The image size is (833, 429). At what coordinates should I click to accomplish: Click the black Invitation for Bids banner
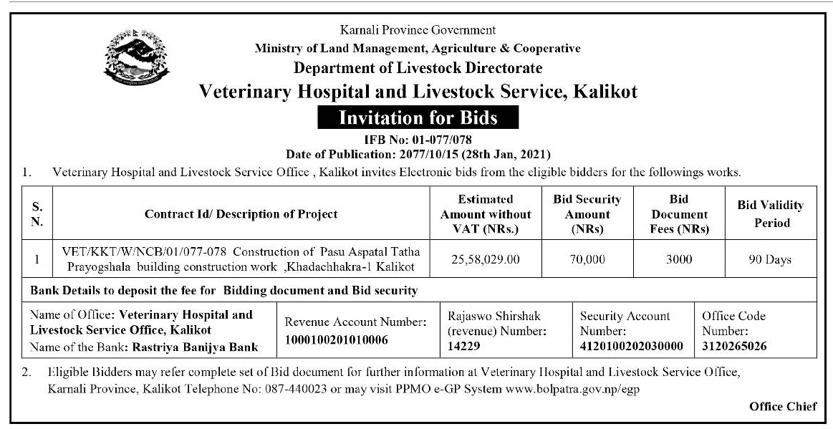click(x=418, y=116)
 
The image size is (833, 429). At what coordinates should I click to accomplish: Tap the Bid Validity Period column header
click(x=770, y=213)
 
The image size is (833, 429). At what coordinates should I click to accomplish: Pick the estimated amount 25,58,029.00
click(x=486, y=259)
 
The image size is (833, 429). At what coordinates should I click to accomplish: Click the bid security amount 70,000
click(x=587, y=259)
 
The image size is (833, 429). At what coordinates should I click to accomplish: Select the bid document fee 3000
click(x=678, y=259)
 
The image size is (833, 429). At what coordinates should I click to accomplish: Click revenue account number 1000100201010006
click(x=336, y=339)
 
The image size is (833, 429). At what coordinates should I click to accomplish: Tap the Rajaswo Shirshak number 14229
click(x=463, y=346)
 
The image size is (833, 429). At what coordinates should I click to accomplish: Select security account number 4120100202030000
click(x=632, y=346)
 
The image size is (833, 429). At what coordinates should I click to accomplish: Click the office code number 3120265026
click(x=734, y=346)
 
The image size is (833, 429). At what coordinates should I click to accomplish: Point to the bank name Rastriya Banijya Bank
click(x=194, y=347)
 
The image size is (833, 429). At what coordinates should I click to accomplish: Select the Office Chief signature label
click(x=783, y=407)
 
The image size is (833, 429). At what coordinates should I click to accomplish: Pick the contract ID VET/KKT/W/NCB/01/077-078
click(x=146, y=252)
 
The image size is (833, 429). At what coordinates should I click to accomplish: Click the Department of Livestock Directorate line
click(x=418, y=69)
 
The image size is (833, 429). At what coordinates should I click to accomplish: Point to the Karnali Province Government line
click(x=418, y=30)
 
